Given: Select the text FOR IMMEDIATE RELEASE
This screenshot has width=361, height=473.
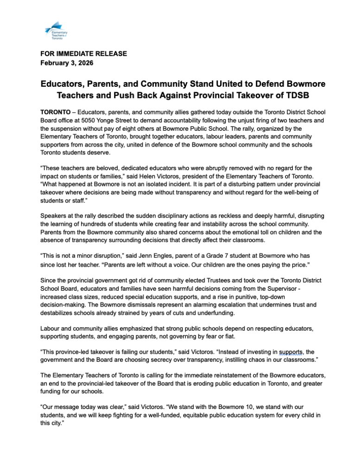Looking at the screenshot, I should pyautogui.click(x=84, y=54).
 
